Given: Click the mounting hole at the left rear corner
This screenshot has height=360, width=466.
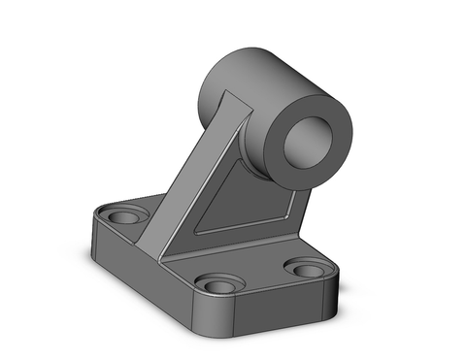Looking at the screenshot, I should coord(124,216).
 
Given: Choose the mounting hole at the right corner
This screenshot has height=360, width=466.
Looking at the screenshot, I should coord(308,269).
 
